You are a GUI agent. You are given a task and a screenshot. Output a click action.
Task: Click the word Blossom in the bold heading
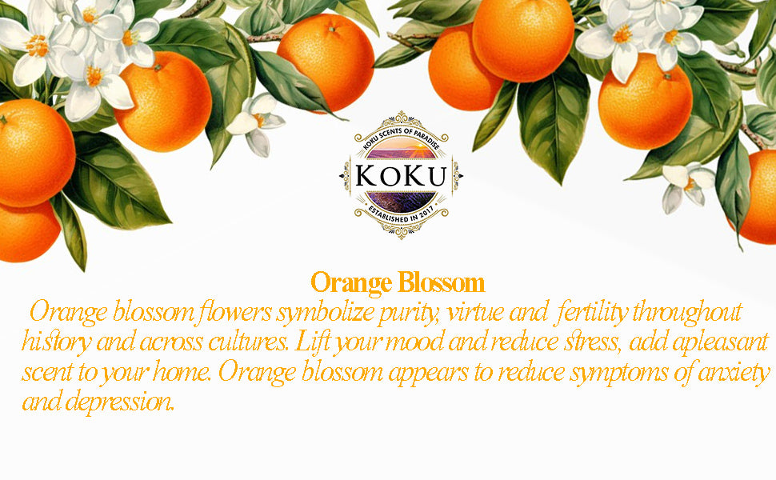[x=441, y=283]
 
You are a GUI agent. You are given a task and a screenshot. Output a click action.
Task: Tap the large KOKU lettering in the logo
[x=401, y=176]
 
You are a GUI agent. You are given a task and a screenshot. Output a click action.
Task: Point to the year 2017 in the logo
[x=426, y=211]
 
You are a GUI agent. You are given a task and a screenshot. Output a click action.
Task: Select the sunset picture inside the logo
[x=401, y=148]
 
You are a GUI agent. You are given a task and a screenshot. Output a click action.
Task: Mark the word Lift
[x=312, y=342]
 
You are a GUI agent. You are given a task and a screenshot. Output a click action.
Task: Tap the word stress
[x=592, y=342]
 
